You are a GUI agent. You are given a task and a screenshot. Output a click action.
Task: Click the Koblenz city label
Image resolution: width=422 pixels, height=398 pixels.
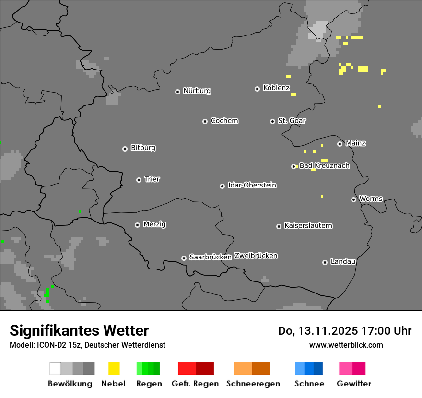coord(276,88)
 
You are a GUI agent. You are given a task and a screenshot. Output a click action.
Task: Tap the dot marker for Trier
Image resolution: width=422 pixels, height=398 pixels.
coord(139,180)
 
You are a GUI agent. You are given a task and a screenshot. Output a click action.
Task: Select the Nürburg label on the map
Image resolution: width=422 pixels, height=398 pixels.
coord(197,91)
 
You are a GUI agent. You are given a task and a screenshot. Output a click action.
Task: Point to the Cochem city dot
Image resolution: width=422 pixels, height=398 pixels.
coord(205,121)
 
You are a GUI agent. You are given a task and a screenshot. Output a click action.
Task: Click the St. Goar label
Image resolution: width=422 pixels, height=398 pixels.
coord(292,121)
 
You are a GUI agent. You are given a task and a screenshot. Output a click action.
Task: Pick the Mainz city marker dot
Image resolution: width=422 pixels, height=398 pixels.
coord(340,144)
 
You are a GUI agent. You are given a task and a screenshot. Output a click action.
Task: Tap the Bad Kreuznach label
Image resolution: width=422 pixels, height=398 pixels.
coord(324,166)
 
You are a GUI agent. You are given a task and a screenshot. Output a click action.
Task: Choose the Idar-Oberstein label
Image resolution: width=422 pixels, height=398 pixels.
coord(252,185)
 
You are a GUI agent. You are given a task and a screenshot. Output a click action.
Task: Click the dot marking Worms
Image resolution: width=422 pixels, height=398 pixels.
coord(353,199)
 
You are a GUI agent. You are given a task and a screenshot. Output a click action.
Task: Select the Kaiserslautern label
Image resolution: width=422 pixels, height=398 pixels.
coord(308,225)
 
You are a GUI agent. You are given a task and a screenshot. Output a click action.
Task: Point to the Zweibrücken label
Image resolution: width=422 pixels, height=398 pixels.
coord(256,256)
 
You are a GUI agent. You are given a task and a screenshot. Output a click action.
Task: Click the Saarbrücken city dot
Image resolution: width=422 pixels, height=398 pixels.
coord(184,258)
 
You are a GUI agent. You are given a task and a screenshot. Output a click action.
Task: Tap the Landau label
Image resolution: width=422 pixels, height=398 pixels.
coord(343,262)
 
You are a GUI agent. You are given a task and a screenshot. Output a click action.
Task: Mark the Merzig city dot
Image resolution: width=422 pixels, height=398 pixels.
coord(137,225)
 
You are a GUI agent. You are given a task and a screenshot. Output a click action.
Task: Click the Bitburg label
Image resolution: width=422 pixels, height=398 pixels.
coord(143,148)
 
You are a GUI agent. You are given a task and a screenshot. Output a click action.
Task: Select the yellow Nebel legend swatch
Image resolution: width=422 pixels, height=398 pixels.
coord(114,368)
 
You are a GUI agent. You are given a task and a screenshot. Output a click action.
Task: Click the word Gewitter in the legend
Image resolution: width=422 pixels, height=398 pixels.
coord(353,384)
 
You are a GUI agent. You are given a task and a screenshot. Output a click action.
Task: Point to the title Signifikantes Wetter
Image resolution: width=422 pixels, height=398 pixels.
coord(79,331)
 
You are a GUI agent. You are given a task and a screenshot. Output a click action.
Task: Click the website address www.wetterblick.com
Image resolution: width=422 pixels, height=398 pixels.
coord(346,345)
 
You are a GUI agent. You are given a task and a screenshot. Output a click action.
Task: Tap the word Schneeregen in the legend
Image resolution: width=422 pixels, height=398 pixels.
coord(253,384)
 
